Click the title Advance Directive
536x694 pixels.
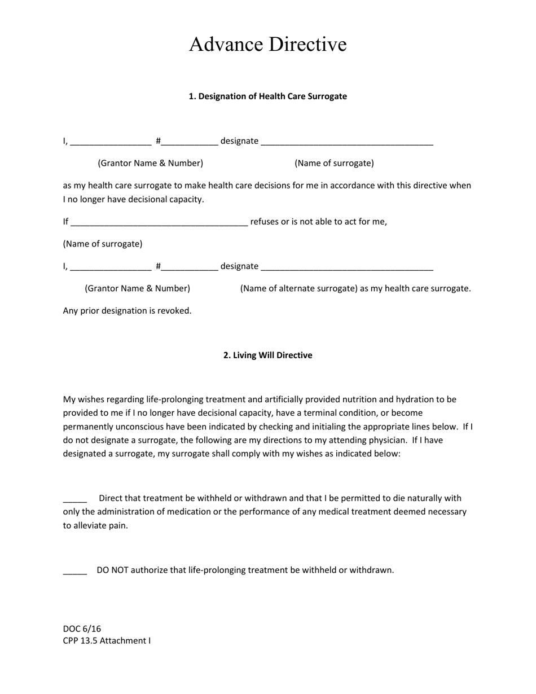click(267, 45)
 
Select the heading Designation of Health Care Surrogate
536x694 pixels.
click(267, 96)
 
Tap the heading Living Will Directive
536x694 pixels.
click(267, 355)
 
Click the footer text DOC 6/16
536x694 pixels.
click(82, 629)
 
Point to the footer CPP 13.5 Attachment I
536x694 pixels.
click(107, 641)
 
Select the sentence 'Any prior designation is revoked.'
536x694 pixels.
click(127, 311)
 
